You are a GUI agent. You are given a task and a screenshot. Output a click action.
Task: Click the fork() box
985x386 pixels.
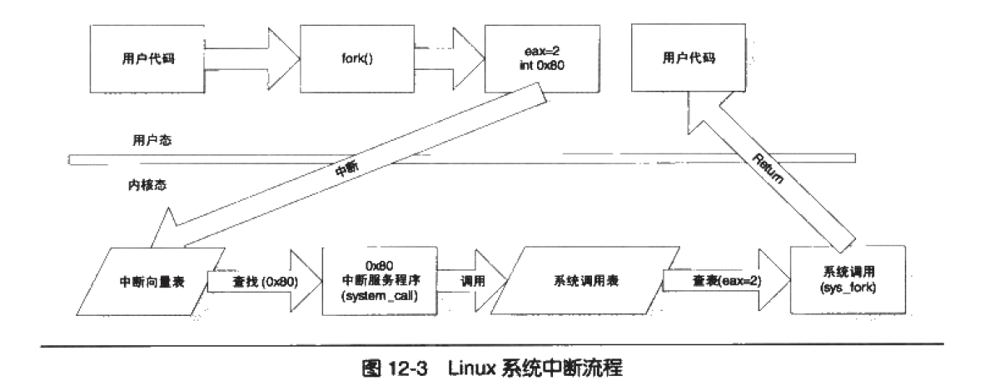349,60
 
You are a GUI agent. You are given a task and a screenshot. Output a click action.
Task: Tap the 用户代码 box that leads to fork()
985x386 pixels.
146,60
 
